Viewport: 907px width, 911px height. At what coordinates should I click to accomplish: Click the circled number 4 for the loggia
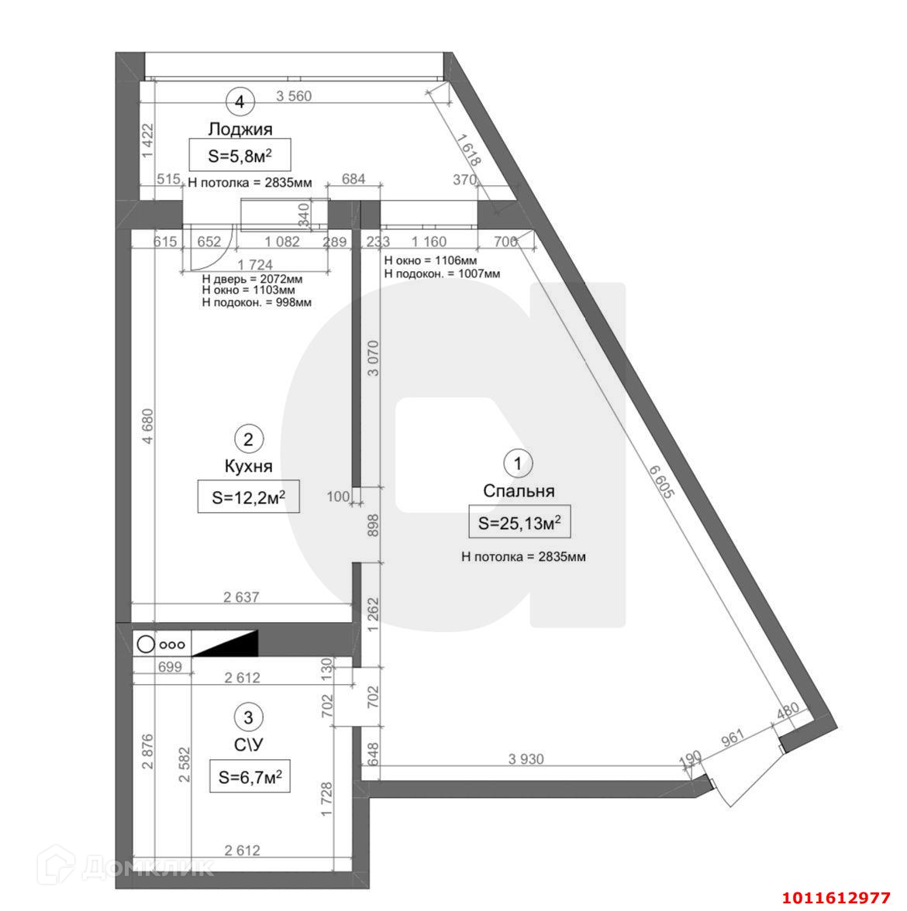(x=240, y=102)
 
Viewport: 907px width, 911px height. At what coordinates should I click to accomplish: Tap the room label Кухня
(x=248, y=466)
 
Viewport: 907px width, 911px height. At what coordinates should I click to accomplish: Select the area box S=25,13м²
(x=519, y=522)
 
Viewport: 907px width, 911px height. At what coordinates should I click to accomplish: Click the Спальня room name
(x=519, y=491)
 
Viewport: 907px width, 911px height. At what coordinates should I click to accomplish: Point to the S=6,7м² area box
(x=250, y=776)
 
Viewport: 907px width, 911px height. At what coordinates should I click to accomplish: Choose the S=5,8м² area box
(x=240, y=155)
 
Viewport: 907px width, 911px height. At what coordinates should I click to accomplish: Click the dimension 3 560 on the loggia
(x=294, y=96)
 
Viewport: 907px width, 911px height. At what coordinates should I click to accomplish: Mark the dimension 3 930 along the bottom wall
(x=526, y=759)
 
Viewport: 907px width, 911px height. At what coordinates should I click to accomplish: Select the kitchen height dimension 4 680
(x=148, y=427)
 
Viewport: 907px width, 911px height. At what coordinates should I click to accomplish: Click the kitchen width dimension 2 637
(x=241, y=596)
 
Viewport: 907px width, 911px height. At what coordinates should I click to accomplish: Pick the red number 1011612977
(x=836, y=899)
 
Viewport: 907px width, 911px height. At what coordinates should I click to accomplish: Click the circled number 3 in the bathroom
(x=248, y=717)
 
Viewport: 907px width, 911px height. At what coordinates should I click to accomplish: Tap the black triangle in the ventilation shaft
(x=225, y=644)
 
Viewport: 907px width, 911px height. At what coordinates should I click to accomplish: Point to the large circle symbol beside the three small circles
(x=146, y=645)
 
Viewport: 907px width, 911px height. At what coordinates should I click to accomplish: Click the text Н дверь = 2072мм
(x=252, y=279)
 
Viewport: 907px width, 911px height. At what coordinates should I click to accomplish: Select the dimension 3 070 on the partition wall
(x=374, y=358)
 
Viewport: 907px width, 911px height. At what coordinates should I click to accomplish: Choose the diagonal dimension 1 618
(x=468, y=151)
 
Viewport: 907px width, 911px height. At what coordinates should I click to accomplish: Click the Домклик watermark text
(x=147, y=868)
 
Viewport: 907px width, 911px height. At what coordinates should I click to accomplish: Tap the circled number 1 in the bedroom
(x=518, y=463)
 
